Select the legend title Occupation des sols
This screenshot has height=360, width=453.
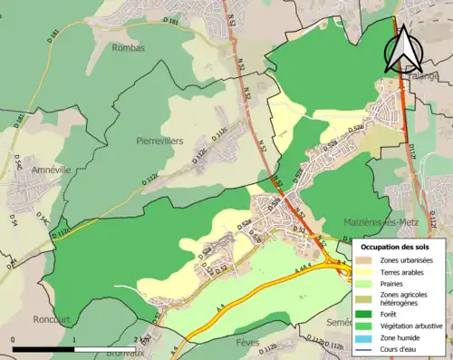point(395,247)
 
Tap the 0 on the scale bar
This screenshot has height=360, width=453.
point(14,339)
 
